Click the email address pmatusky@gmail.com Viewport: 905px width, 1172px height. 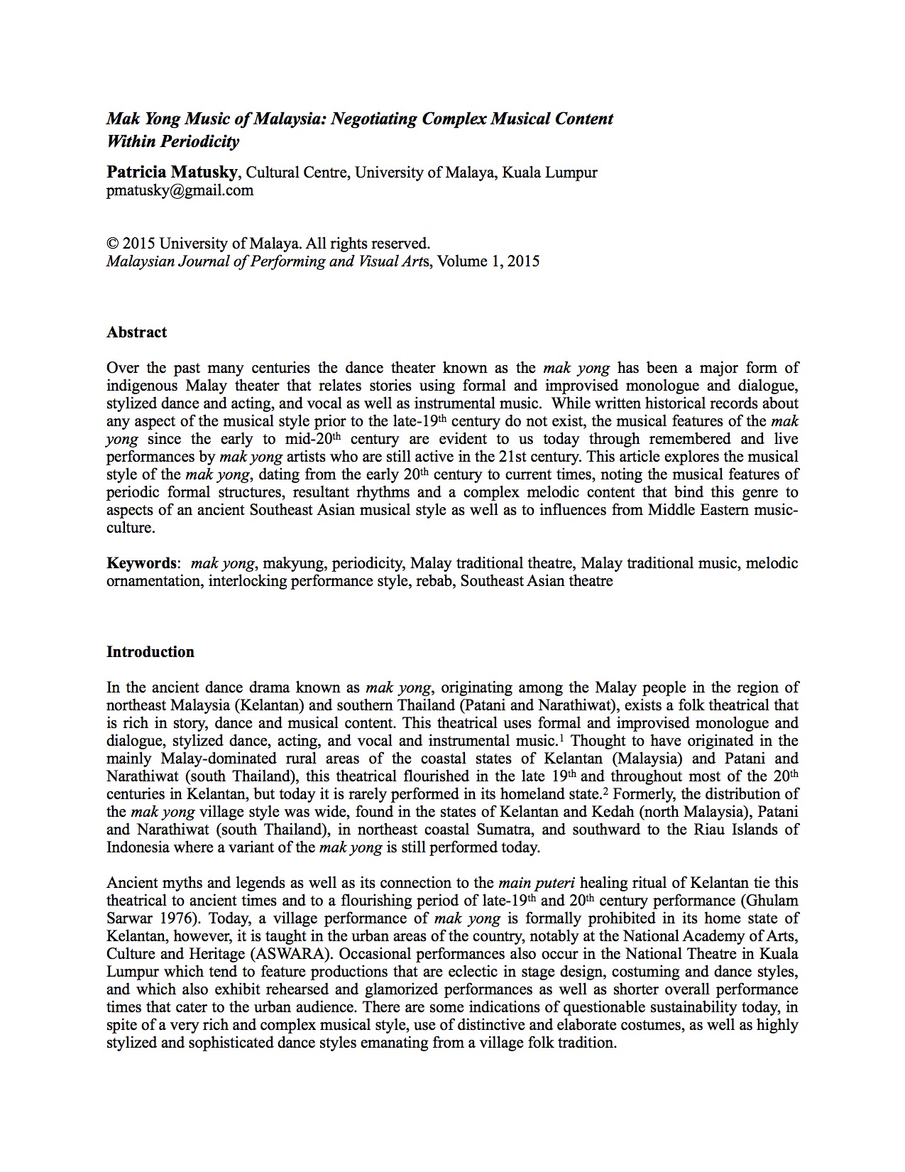coord(180,190)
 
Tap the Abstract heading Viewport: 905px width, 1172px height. coord(136,332)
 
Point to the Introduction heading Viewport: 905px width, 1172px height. coord(150,652)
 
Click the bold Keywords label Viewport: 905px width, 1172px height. coord(141,563)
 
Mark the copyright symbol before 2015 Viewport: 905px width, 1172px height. coord(111,244)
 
